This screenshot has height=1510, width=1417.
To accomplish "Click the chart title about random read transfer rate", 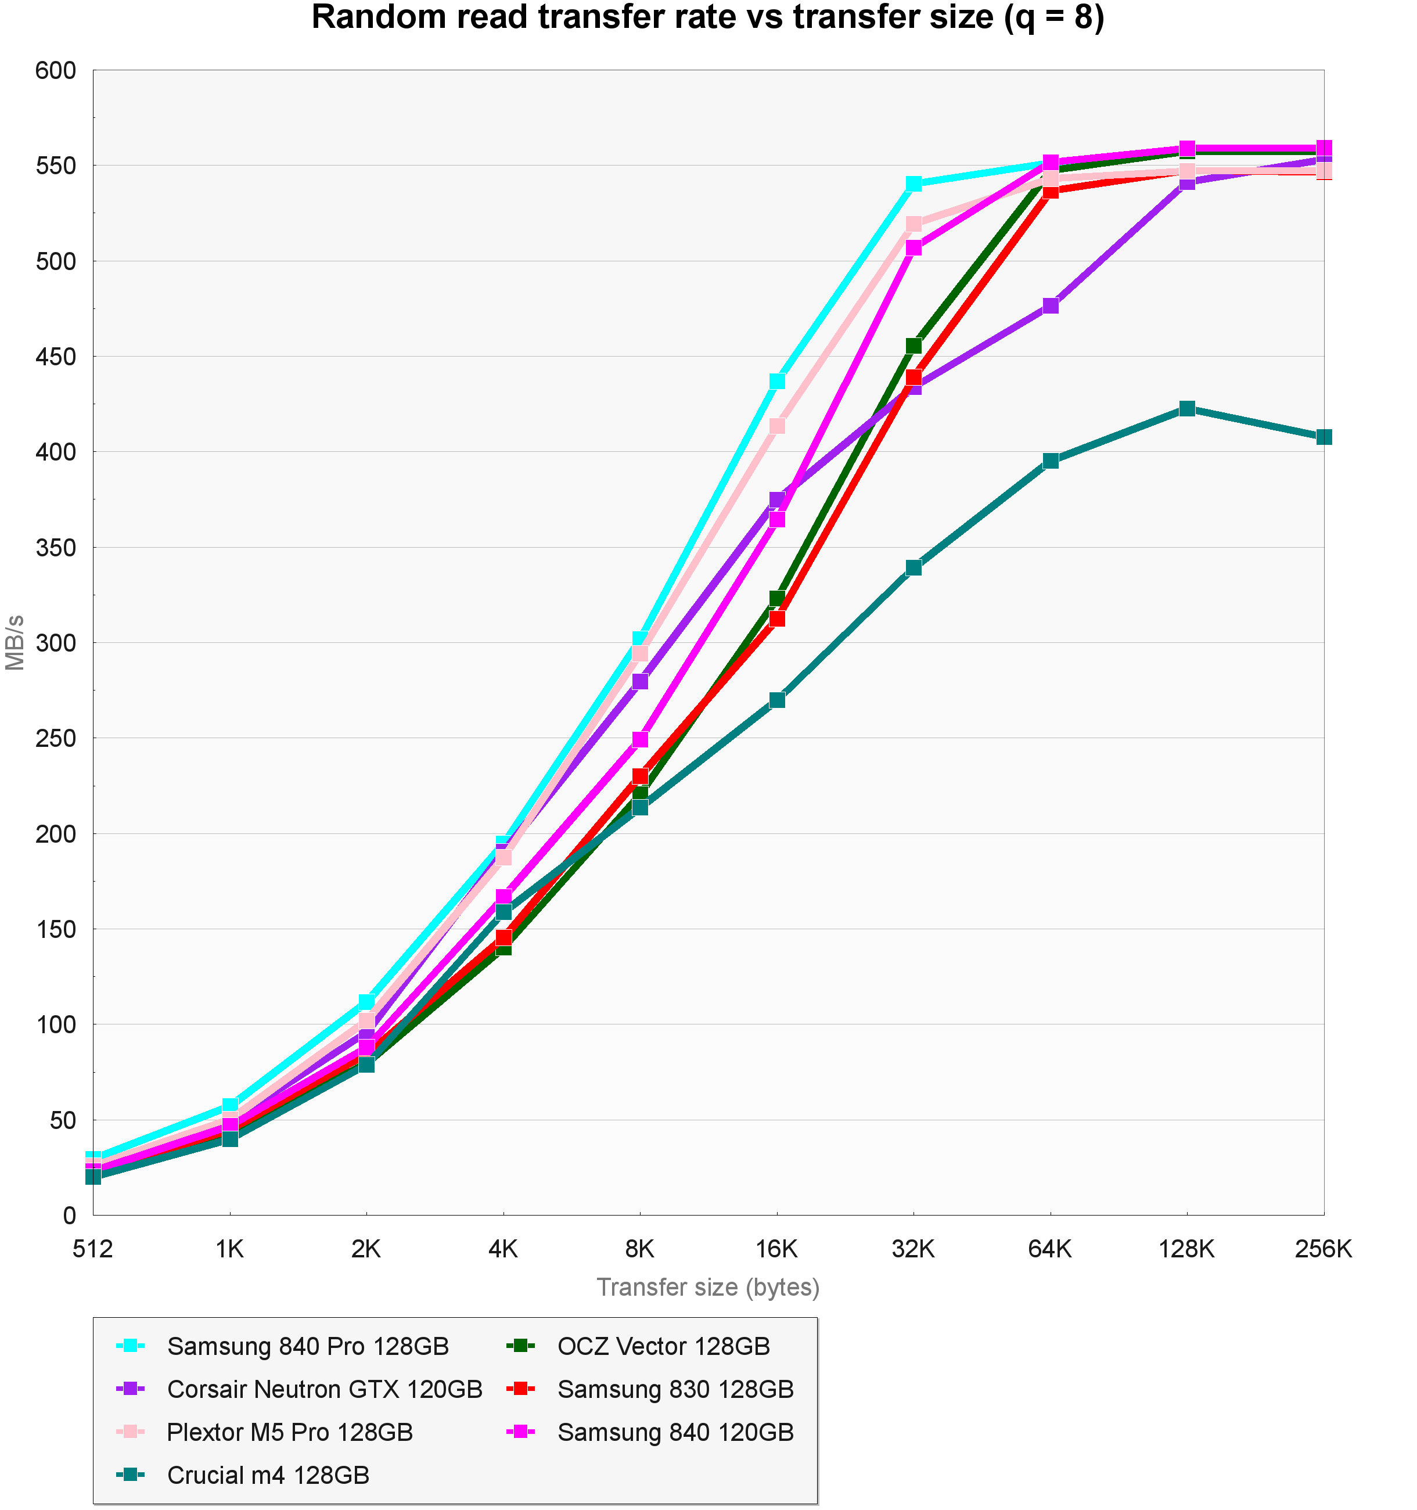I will (708, 18).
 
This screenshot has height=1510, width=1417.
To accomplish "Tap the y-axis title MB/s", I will (15, 642).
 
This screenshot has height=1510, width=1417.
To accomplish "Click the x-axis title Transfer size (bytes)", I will (708, 1286).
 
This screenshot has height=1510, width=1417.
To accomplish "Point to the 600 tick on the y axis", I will (56, 71).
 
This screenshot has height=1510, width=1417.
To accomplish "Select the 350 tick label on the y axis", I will (56, 548).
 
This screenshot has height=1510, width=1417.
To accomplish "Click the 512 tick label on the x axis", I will (93, 1249).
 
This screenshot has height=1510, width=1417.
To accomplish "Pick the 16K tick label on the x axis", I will (777, 1249).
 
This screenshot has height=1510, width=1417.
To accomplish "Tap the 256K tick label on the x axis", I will (1324, 1249).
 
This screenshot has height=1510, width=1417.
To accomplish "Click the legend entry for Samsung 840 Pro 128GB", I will (308, 1346).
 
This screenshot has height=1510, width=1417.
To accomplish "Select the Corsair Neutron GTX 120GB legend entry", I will (324, 1389).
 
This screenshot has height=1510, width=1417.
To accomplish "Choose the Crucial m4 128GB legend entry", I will (268, 1475).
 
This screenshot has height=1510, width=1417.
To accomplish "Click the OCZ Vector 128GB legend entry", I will (663, 1346).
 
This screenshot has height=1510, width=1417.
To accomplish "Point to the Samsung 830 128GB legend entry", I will (675, 1389).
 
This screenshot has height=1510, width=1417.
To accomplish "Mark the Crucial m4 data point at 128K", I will (1187, 409).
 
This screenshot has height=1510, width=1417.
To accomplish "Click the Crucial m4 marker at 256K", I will (1324, 437).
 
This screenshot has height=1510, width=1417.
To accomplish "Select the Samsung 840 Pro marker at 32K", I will (914, 184).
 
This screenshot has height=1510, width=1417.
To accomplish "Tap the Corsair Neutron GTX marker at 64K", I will (1050, 305).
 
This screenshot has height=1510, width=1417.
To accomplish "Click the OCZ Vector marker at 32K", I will (914, 346).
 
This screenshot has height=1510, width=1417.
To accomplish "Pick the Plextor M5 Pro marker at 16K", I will (777, 426).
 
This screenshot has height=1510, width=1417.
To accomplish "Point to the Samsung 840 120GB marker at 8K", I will (640, 739).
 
